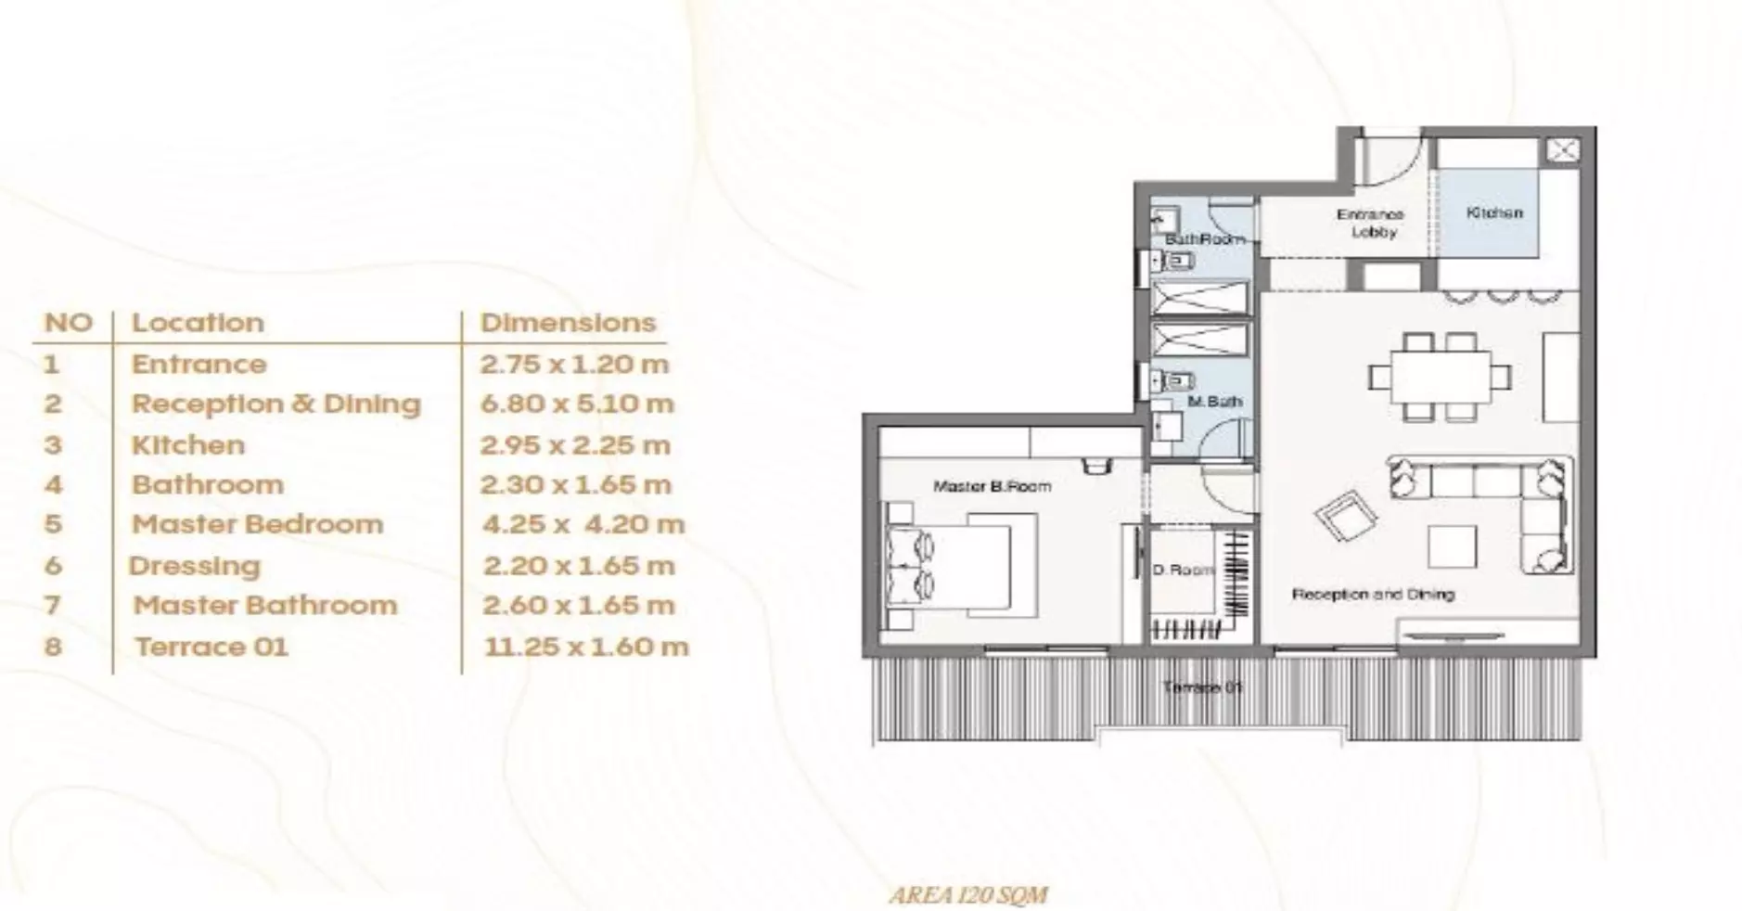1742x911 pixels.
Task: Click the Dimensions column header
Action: coord(568,323)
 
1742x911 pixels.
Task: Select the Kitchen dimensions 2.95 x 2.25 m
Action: coord(575,445)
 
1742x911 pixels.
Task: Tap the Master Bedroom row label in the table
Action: coord(257,524)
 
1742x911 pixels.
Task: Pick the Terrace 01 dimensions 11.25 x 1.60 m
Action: coord(586,647)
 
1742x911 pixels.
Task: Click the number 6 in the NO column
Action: coord(53,566)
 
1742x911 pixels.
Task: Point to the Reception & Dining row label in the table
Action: coord(275,404)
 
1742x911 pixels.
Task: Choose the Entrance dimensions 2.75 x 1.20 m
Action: coord(574,364)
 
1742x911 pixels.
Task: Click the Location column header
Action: coord(198,323)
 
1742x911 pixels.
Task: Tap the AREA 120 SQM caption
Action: coord(968,895)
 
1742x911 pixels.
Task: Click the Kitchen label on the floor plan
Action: coord(1494,212)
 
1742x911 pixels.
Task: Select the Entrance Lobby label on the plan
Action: coord(1371,224)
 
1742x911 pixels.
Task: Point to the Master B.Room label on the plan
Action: coord(992,486)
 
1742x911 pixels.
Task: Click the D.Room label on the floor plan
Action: coord(1183,570)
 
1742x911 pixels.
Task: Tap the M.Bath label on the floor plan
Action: coord(1215,402)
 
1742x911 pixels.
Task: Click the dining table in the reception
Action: coord(1440,377)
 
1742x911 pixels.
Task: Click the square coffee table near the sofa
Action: coord(1452,546)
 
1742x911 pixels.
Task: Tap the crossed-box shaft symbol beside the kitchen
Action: coord(1563,150)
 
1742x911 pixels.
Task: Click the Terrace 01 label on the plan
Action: coord(1203,687)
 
